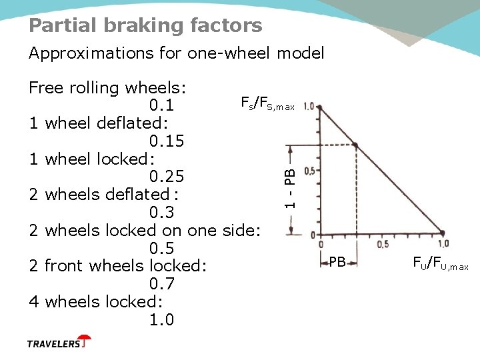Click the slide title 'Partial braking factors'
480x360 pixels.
point(145,25)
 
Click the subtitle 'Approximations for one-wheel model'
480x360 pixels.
point(176,53)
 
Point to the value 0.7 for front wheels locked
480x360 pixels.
point(161,284)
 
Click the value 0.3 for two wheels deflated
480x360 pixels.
point(161,213)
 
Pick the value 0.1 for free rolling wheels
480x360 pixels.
point(161,106)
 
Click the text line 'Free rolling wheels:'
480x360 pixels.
point(107,88)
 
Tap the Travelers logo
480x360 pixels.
point(59,343)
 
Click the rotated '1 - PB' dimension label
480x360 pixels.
point(289,186)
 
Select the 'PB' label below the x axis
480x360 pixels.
point(337,263)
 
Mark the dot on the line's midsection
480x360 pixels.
point(355,145)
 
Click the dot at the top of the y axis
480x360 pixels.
point(321,107)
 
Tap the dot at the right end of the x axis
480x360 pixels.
point(442,233)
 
